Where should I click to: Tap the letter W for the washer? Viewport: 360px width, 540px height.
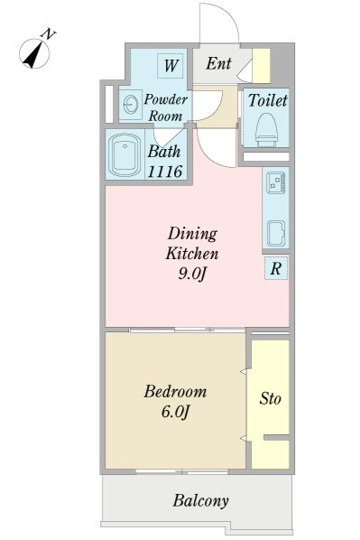click(171, 65)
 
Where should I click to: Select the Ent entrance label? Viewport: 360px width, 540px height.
click(218, 64)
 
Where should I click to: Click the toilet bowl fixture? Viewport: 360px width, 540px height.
click(266, 129)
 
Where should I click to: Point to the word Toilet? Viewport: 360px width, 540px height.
click(267, 100)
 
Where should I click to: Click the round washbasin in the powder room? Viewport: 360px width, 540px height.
click(131, 104)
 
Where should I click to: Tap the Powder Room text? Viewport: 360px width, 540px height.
click(165, 107)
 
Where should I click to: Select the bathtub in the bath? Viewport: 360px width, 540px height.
click(125, 154)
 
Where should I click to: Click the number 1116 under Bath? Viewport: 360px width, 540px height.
click(164, 172)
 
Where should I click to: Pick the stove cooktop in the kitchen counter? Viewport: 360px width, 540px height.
click(276, 182)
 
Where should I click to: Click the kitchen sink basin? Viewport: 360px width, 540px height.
click(276, 233)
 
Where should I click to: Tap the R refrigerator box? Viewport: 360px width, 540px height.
click(276, 268)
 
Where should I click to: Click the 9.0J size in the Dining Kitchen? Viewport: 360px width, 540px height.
click(192, 274)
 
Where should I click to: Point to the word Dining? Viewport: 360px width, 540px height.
click(192, 235)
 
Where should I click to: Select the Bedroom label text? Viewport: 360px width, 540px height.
click(176, 392)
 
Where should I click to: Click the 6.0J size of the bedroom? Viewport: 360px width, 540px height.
click(176, 412)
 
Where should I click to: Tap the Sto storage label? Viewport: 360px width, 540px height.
click(270, 398)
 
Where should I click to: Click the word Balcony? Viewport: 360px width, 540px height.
click(200, 501)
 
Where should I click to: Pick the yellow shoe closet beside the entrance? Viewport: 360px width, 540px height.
click(262, 65)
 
